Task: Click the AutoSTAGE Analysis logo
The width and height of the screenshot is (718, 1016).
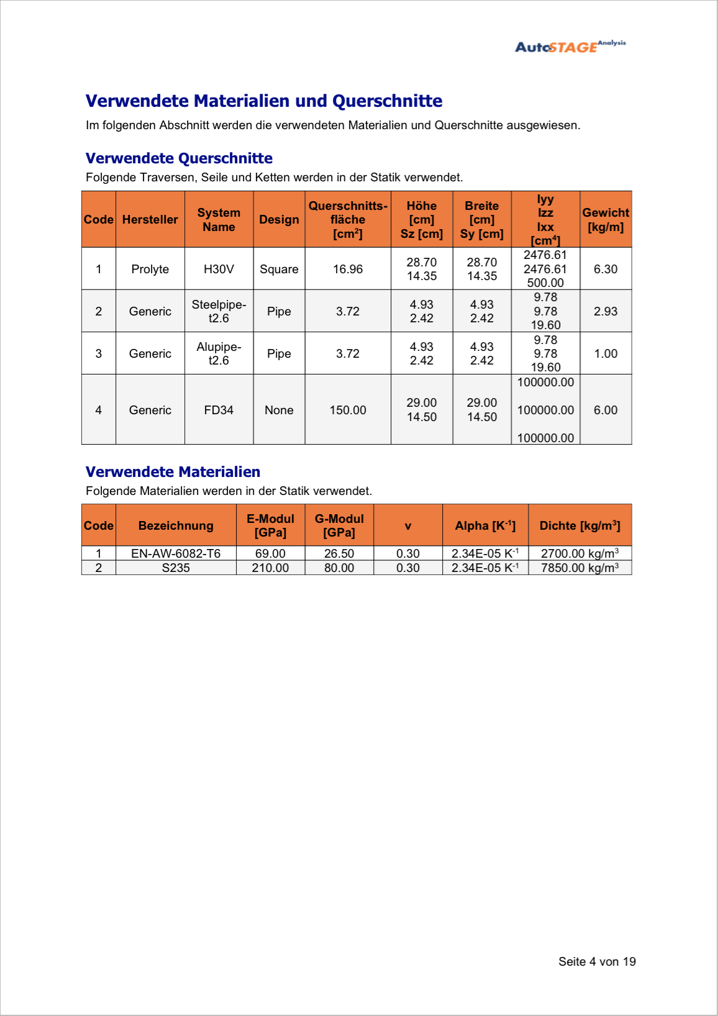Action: (x=570, y=47)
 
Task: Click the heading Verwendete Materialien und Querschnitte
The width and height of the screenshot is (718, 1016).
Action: (x=264, y=101)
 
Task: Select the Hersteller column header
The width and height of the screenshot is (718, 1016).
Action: (x=150, y=220)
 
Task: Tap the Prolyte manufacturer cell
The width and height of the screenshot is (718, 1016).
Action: (x=150, y=269)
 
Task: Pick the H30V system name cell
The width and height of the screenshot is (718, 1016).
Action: (x=219, y=269)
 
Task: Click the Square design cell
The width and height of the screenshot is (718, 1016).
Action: (x=279, y=269)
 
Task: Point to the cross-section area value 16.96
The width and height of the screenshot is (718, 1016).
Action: (x=348, y=269)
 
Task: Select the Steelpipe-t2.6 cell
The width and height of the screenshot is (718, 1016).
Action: (x=219, y=311)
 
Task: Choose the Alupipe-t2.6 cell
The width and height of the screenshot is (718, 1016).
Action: (x=219, y=353)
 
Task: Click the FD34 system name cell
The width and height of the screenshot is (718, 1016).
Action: (x=219, y=410)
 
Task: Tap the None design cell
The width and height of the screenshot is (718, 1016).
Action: (x=279, y=410)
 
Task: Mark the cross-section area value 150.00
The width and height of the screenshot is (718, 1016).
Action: (x=348, y=410)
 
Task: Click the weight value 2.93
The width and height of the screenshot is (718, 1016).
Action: (x=606, y=311)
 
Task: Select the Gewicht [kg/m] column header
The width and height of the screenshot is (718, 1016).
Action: (x=606, y=220)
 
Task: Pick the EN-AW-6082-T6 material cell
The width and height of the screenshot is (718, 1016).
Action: (x=176, y=553)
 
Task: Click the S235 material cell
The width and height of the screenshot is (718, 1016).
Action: (x=176, y=568)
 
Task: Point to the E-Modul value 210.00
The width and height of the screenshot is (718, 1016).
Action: (x=270, y=568)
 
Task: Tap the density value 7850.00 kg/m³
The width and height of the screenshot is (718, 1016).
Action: (x=579, y=568)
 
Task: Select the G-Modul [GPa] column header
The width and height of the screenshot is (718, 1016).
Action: (x=339, y=525)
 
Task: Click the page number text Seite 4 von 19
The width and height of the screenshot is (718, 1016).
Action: (x=597, y=961)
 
